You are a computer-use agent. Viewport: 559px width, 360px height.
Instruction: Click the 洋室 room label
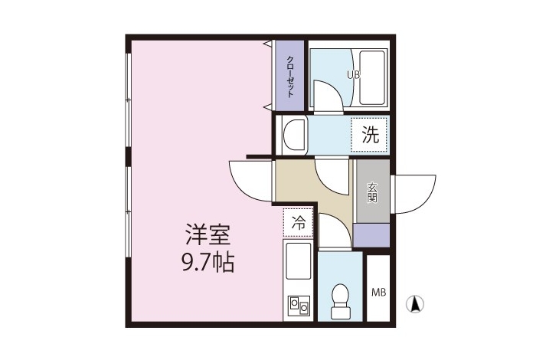(x=208, y=234)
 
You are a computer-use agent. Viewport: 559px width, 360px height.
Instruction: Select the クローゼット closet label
(x=290, y=77)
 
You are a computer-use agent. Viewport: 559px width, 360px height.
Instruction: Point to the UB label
(x=354, y=74)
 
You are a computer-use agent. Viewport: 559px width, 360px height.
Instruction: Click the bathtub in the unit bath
(x=372, y=77)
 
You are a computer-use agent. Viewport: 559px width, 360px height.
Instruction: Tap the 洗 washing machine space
(x=370, y=135)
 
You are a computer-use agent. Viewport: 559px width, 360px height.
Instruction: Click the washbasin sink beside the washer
(x=294, y=135)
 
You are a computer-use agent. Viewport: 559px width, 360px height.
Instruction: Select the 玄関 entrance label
(x=372, y=192)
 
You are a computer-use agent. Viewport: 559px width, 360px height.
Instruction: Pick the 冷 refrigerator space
(x=299, y=223)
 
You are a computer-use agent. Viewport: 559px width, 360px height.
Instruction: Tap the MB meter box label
(x=378, y=293)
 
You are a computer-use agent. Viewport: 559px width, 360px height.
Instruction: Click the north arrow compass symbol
(x=414, y=305)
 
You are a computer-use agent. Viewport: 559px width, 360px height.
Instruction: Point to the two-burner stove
(x=299, y=305)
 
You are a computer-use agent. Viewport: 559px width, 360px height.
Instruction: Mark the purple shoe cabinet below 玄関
(x=371, y=235)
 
